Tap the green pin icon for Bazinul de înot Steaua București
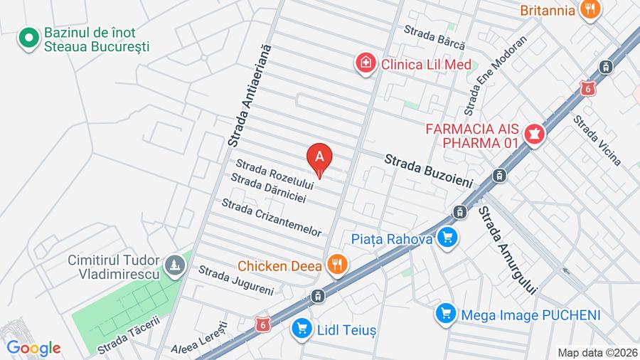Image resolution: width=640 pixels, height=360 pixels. click(29, 39)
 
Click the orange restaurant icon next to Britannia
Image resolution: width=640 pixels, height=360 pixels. click(589, 10)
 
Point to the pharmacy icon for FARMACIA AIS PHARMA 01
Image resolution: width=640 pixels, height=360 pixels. click(533, 133)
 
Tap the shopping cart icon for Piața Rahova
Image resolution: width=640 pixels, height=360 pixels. click(447, 238)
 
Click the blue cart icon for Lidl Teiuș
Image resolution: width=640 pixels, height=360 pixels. click(302, 328)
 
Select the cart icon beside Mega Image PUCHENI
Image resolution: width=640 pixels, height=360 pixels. click(446, 314)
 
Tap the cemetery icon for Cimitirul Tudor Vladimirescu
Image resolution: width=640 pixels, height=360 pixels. click(175, 266)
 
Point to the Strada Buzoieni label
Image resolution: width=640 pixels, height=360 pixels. click(429, 171)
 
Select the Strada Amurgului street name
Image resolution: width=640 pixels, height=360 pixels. click(507, 251)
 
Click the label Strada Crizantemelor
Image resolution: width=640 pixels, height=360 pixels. click(272, 218)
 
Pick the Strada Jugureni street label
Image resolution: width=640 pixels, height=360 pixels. click(235, 280)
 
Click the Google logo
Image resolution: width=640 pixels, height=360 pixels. click(33, 348)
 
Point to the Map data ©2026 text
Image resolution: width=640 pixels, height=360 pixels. click(597, 352)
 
